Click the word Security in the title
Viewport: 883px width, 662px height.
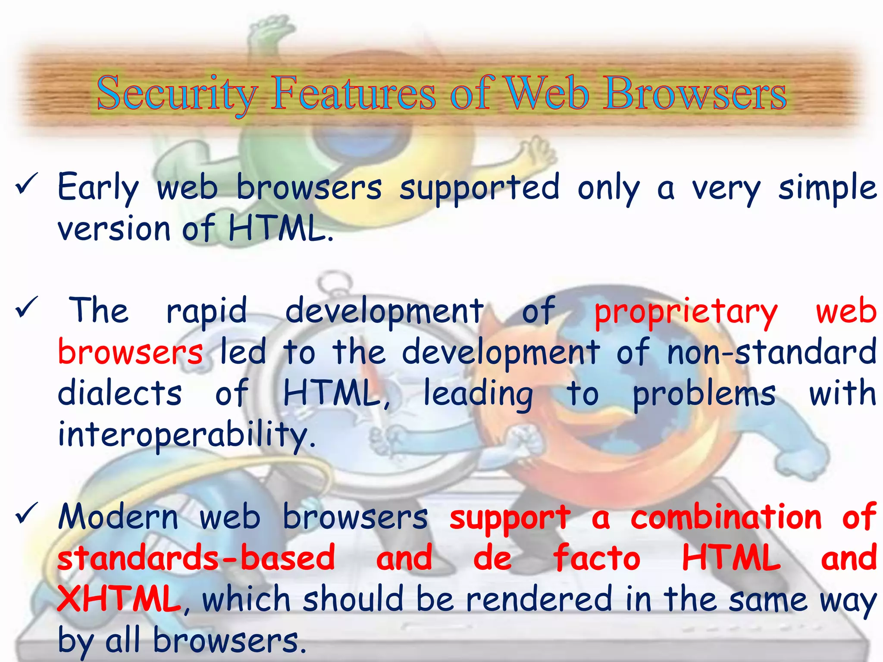click(177, 94)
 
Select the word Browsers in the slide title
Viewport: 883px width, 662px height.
click(694, 93)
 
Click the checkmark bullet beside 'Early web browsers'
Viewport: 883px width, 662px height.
click(26, 186)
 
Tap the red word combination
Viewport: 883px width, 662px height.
click(726, 517)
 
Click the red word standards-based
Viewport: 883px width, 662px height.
click(196, 558)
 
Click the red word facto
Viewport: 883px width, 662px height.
click(597, 558)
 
